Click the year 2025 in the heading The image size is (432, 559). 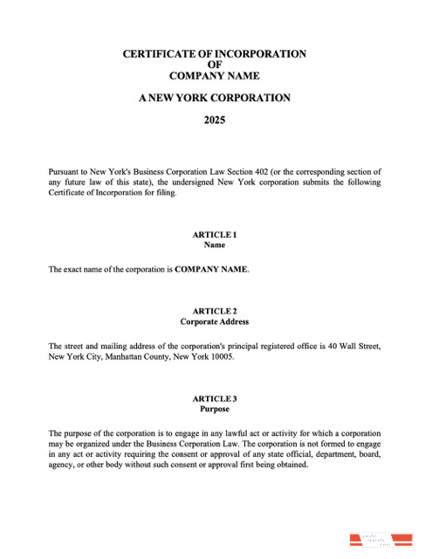(215, 121)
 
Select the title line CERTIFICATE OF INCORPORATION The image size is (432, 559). (215, 53)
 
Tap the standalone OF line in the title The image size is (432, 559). (215, 65)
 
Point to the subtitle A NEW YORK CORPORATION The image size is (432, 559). (215, 98)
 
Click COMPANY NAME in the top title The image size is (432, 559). (215, 76)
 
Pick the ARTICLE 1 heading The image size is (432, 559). (215, 235)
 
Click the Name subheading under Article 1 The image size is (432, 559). (215, 245)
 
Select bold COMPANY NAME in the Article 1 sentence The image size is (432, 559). (211, 270)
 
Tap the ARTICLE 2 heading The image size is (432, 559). (215, 311)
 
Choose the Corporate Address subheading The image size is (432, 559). (215, 321)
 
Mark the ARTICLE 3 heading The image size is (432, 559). (215, 398)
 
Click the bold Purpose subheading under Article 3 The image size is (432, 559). (215, 409)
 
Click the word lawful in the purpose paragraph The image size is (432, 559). (216, 433)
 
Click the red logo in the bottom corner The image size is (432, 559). (381, 538)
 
